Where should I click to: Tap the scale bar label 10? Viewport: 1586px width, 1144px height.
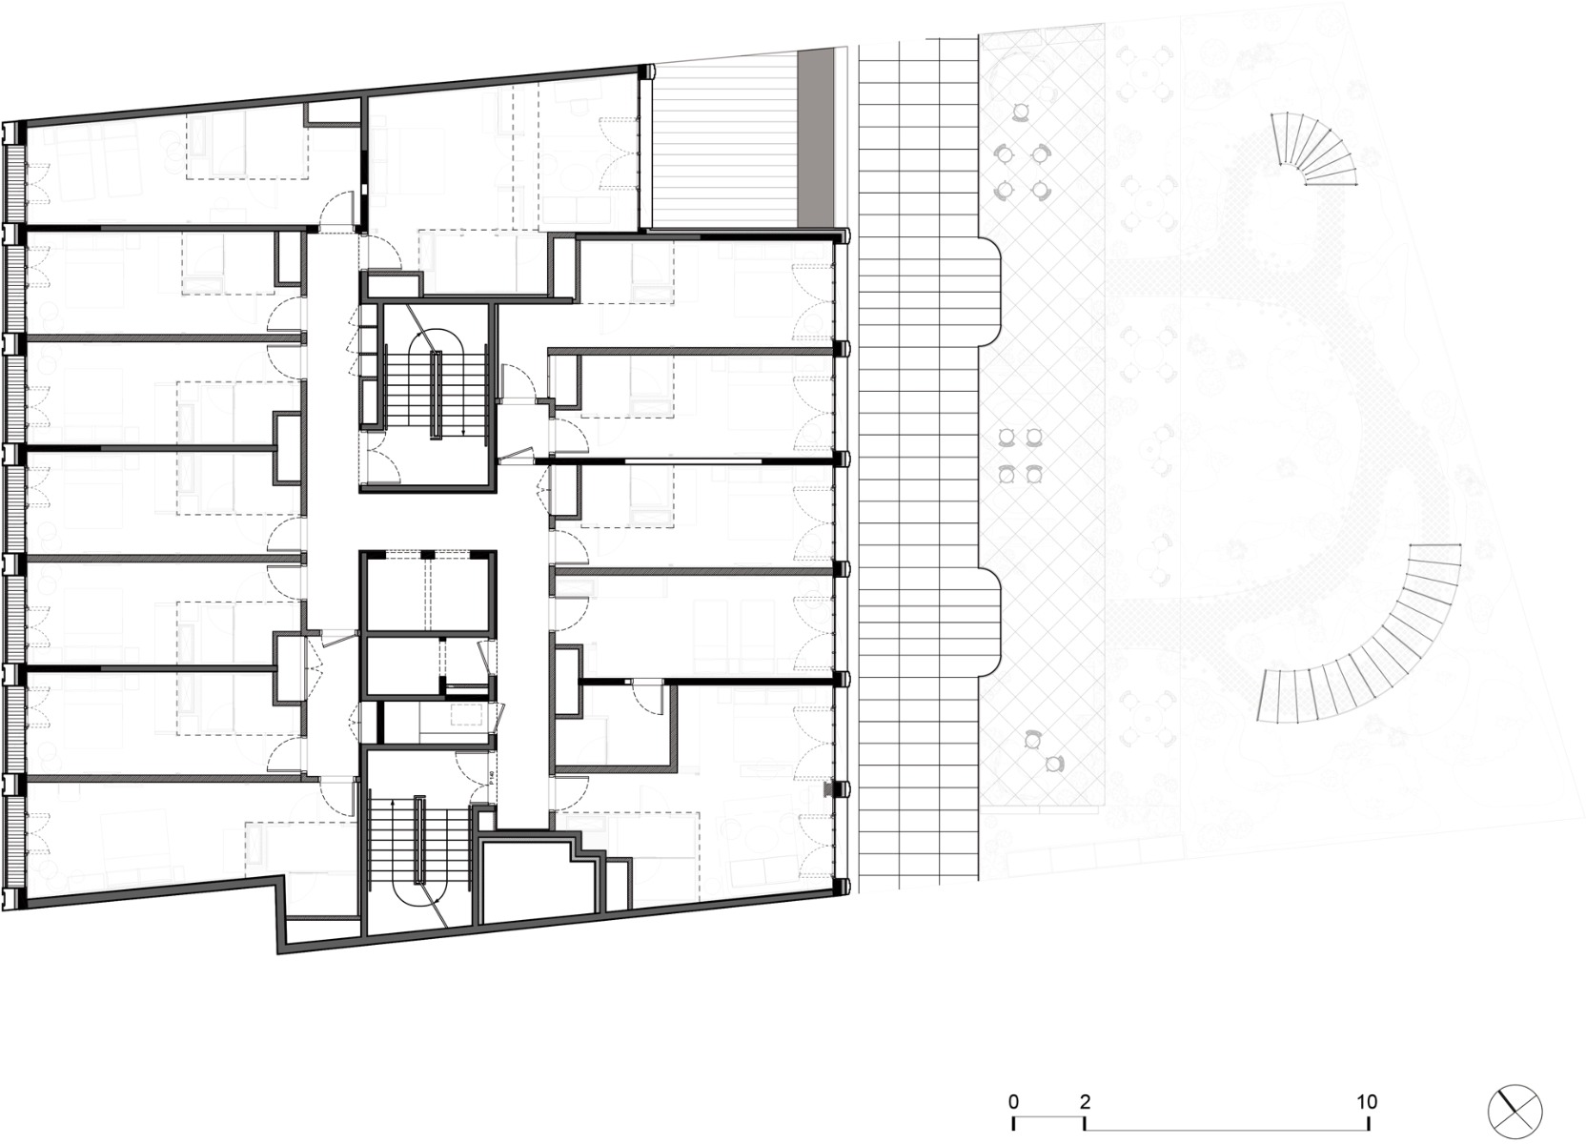click(1368, 1102)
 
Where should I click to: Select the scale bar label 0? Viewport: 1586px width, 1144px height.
click(1013, 1102)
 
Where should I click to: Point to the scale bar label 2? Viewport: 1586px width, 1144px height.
click(1085, 1102)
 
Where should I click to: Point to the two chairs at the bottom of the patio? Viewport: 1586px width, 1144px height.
click(1043, 749)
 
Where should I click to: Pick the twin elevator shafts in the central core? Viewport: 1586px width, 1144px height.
click(429, 591)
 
